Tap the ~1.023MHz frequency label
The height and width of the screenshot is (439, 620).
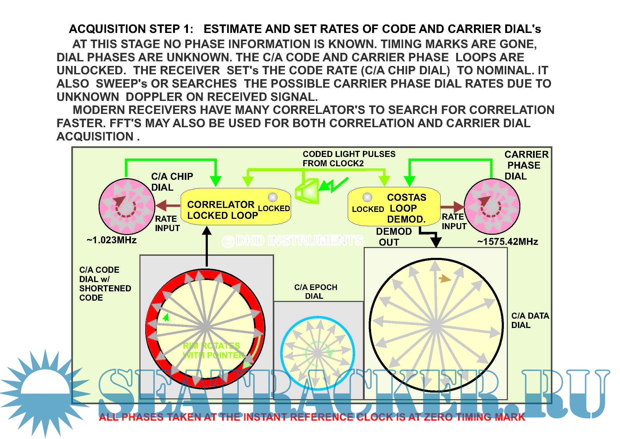112,240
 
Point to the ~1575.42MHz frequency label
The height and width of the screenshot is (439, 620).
508,242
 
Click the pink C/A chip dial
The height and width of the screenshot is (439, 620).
127,206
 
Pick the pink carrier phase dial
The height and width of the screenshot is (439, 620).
492,206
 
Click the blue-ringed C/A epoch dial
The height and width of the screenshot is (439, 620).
318,353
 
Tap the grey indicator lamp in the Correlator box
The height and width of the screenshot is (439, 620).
273,197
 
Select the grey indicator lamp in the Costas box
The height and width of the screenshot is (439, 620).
367,197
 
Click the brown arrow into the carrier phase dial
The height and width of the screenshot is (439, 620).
452,207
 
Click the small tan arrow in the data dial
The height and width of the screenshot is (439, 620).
445,279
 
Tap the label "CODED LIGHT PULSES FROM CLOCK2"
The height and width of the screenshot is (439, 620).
349,159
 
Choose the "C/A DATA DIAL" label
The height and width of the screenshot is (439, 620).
530,321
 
